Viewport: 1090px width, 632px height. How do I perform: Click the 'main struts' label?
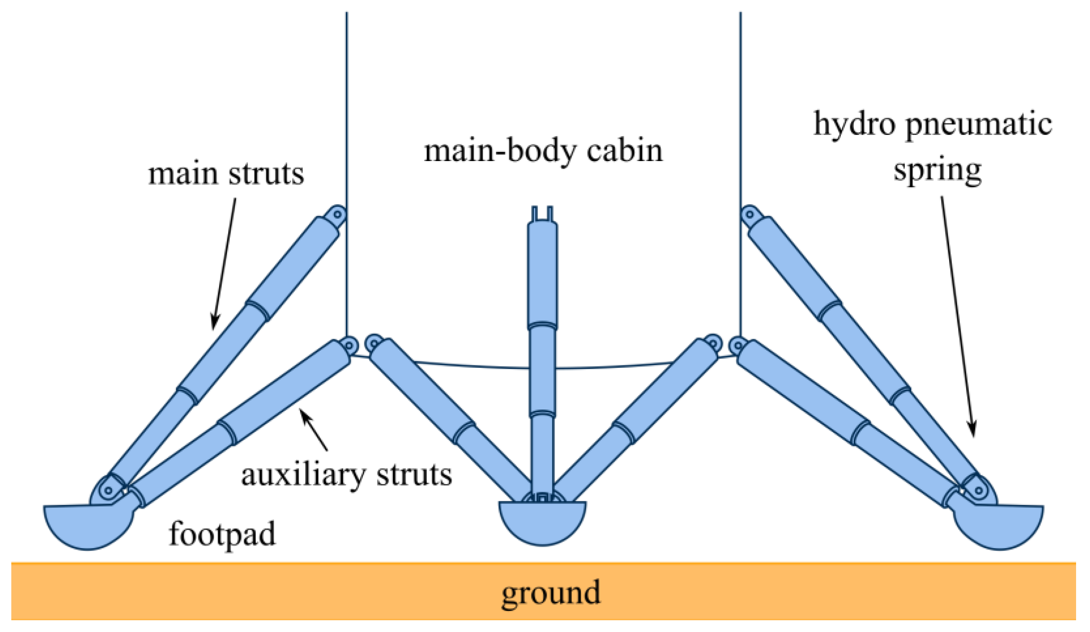(226, 174)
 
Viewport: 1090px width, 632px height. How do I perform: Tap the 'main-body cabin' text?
(543, 151)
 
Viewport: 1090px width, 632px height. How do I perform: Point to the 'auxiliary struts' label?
(347, 475)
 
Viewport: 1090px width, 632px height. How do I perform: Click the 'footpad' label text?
(222, 534)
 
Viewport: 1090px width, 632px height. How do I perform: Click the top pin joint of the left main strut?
(337, 214)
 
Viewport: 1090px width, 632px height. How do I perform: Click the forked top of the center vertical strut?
(542, 214)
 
